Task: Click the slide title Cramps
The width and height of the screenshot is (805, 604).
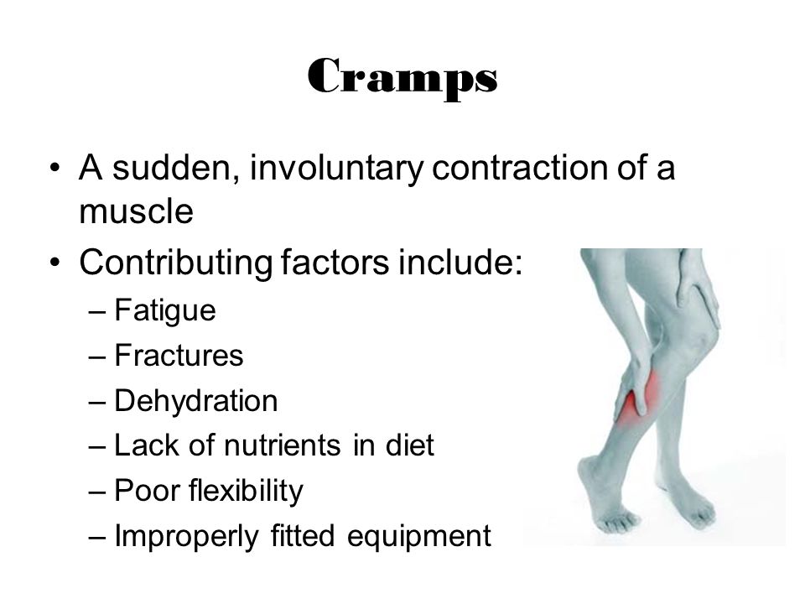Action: pyautogui.click(x=402, y=78)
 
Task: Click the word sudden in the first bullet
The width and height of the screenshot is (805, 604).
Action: pyautogui.click(x=172, y=168)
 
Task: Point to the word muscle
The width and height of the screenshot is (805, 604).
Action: pyautogui.click(x=136, y=211)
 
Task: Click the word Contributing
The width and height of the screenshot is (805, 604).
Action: pyautogui.click(x=175, y=263)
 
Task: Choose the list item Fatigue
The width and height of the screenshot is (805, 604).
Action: pyautogui.click(x=165, y=310)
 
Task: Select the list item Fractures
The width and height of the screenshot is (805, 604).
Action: pyautogui.click(x=179, y=355)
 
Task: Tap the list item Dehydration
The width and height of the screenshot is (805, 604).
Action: pyautogui.click(x=195, y=400)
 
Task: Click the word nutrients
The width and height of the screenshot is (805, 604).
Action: pyautogui.click(x=282, y=445)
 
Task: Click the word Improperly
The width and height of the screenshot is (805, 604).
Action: pyautogui.click(x=186, y=537)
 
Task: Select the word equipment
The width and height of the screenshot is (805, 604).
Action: pyautogui.click(x=419, y=537)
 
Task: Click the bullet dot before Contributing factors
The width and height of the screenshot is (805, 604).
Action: pyautogui.click(x=55, y=263)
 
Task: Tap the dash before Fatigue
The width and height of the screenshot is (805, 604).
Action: pyautogui.click(x=97, y=311)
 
